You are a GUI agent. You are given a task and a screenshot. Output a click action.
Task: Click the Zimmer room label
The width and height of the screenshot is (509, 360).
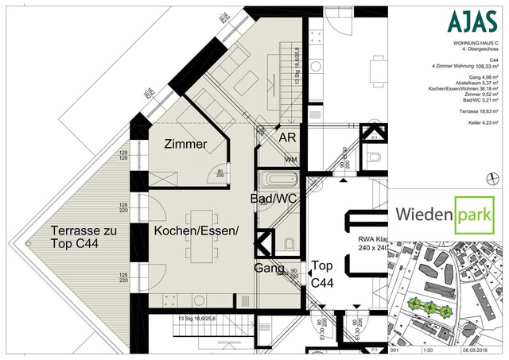pyautogui.click(x=185, y=145)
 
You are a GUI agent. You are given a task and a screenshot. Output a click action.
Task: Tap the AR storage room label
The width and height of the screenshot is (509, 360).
pyautogui.click(x=287, y=137)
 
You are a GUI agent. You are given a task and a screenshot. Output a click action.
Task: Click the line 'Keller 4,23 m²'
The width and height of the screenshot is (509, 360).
pyautogui.click(x=479, y=123)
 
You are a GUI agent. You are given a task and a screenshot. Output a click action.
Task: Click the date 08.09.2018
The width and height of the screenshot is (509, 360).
pyautogui.click(x=481, y=347)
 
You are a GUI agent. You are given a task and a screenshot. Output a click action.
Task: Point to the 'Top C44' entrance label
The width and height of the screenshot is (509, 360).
pyautogui.click(x=322, y=275)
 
